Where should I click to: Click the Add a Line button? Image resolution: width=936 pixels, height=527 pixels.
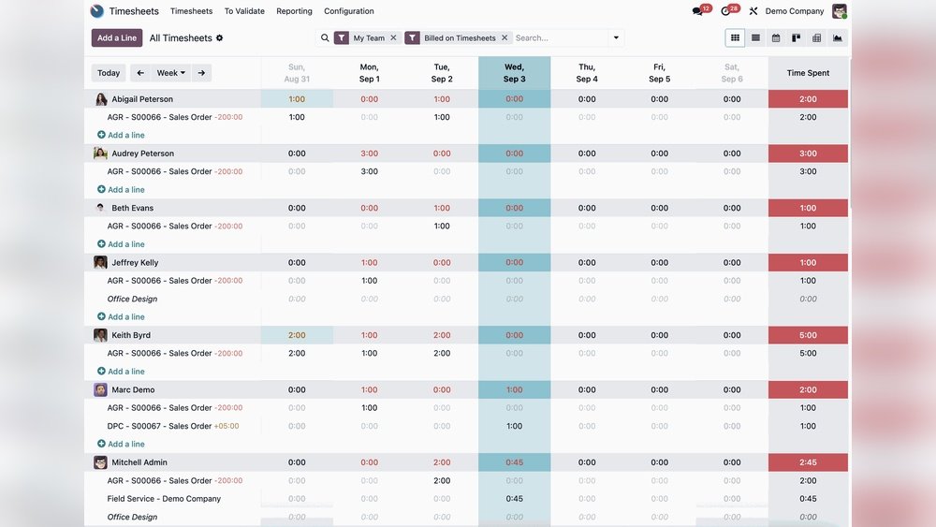click(x=117, y=38)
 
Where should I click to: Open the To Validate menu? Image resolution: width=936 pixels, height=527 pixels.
click(x=244, y=11)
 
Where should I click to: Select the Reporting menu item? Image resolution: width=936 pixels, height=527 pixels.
click(x=294, y=11)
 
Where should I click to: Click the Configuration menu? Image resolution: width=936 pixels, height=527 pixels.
click(x=349, y=11)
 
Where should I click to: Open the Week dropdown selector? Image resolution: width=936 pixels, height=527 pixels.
click(x=170, y=73)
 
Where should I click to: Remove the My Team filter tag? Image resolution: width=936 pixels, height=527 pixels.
click(x=393, y=38)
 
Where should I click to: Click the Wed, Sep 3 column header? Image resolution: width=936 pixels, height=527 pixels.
click(x=514, y=73)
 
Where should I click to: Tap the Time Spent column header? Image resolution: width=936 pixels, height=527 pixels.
click(x=808, y=73)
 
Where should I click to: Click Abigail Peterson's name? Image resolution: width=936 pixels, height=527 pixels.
click(x=142, y=99)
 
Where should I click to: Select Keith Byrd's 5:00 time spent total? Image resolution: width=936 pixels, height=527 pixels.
click(x=808, y=335)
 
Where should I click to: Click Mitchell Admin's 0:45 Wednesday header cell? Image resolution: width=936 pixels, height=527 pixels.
click(x=514, y=462)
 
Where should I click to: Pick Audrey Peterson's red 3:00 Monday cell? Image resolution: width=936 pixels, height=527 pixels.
click(x=370, y=154)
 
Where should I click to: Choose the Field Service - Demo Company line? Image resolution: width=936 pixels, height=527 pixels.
click(x=164, y=499)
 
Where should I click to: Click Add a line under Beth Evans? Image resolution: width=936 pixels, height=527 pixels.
click(x=125, y=244)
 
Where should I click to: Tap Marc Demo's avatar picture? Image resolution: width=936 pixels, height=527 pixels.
click(x=100, y=390)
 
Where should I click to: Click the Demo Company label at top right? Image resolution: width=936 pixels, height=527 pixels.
click(x=795, y=11)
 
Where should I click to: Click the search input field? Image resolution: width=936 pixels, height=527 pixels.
click(x=560, y=38)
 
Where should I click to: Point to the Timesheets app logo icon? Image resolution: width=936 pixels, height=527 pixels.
click(x=97, y=11)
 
